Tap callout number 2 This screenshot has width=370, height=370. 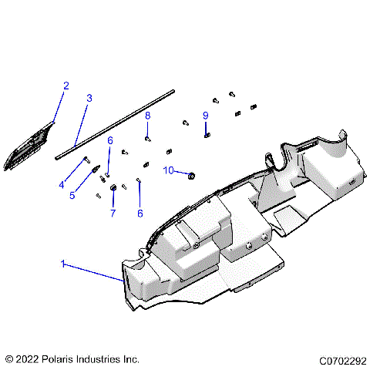coord(66,86)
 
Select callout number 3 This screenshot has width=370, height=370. coord(89,98)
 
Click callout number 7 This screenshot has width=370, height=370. coord(113,213)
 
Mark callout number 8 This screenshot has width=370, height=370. coord(147,115)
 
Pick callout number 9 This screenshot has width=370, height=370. coord(206,116)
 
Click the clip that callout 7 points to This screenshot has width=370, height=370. coord(112,187)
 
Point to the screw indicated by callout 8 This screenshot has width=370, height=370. coord(147,139)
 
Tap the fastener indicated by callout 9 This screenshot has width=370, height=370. coord(207,134)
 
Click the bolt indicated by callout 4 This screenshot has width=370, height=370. coord(86,160)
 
